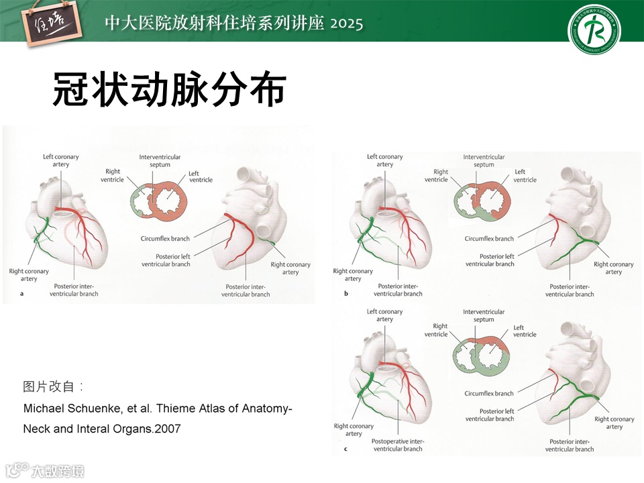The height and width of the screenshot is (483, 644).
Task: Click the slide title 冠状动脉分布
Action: (x=170, y=90)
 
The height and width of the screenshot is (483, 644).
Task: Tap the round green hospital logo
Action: (x=594, y=30)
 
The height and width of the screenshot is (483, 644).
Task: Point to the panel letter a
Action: (x=22, y=294)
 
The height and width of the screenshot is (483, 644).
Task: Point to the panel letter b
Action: (x=346, y=294)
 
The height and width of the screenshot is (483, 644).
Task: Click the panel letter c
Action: (x=345, y=449)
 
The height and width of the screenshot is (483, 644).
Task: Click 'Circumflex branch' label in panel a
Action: (x=165, y=238)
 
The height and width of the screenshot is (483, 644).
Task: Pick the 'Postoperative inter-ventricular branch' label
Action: (x=398, y=445)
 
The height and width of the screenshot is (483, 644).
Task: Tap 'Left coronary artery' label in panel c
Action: (x=384, y=315)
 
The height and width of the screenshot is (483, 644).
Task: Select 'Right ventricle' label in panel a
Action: (x=112, y=176)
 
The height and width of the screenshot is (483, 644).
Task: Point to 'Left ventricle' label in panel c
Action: (x=525, y=331)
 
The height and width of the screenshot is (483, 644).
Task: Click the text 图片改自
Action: (x=51, y=386)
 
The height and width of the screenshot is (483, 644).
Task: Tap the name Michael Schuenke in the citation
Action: (x=66, y=409)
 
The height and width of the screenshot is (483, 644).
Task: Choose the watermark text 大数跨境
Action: (x=58, y=471)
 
